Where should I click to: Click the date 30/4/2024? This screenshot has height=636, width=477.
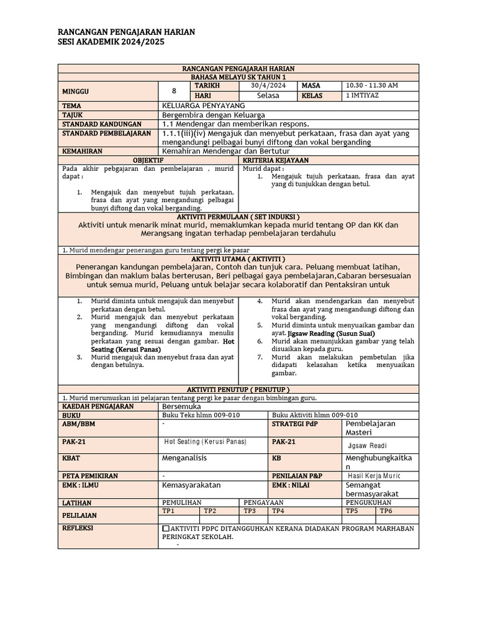pos(268,85)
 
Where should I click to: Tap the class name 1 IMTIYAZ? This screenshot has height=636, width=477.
pos(363,96)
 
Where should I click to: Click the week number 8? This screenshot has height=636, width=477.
pos(173,91)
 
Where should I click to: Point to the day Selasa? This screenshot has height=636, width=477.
pos(268,96)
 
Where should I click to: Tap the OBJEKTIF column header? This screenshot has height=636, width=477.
pos(149,160)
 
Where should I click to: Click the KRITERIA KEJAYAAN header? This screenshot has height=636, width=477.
pos(330,160)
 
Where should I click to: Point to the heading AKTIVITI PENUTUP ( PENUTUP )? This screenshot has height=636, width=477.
pos(238,389)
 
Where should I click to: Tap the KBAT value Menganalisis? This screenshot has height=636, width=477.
pos(184,458)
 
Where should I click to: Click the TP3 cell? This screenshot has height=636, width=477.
pos(250,511)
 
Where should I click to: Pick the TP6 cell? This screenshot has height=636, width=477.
pos(386,511)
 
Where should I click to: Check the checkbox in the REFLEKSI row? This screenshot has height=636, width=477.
pos(165,529)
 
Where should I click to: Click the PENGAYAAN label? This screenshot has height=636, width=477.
pos(264,502)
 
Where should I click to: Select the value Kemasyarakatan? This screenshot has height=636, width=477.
pos(191,484)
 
